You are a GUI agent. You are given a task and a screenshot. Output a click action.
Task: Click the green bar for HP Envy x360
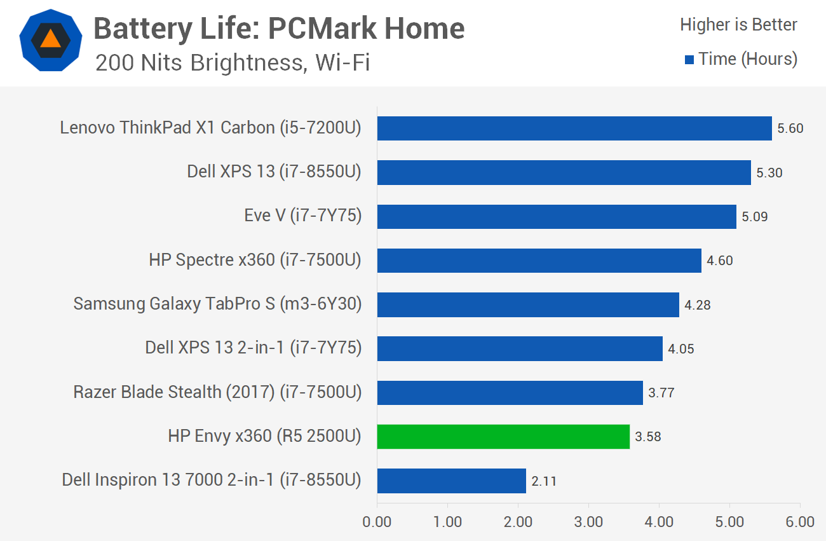point(503,437)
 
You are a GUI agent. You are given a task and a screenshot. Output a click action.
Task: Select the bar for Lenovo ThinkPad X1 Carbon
point(574,128)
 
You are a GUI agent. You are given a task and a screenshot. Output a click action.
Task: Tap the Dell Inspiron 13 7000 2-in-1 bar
point(451,481)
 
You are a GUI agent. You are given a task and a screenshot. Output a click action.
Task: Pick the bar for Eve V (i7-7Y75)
point(557,217)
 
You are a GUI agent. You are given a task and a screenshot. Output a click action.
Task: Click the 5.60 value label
point(790,128)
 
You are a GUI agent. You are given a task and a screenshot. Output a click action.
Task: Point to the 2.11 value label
point(544,481)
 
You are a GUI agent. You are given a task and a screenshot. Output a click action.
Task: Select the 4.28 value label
point(697,305)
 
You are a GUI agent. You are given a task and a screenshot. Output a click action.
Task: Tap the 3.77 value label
point(661,393)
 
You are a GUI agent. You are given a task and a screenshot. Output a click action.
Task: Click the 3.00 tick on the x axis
point(588,522)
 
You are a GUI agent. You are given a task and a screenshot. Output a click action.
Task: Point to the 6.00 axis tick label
point(799,522)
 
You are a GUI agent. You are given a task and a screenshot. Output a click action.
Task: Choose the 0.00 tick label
point(377,522)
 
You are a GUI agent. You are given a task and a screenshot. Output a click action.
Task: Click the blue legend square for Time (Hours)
point(689,60)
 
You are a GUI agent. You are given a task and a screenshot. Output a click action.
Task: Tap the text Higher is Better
point(738,25)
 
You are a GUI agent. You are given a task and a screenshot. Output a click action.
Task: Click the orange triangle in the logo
point(51,40)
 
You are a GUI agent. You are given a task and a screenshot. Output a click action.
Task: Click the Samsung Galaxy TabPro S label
point(217,305)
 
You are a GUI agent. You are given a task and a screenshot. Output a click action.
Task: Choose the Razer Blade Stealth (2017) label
point(217,392)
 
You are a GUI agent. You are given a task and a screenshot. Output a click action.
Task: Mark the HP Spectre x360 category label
point(255,260)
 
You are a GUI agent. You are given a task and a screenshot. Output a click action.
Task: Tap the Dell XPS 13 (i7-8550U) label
point(274,172)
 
